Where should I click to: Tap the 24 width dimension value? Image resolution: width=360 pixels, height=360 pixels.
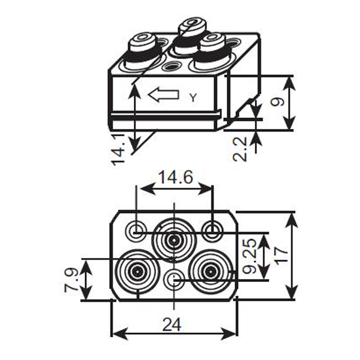coord(173,324)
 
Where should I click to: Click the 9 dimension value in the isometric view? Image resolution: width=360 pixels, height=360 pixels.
coord(277,102)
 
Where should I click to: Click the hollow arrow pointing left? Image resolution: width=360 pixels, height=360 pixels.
coord(163,94)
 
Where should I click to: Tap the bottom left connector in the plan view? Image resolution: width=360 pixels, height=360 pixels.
coord(137,272)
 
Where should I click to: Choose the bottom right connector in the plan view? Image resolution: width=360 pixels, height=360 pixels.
coord(210,272)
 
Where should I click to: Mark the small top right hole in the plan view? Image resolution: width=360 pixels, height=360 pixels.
coord(212,229)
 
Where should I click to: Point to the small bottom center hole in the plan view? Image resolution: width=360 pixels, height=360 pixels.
coord(175,279)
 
